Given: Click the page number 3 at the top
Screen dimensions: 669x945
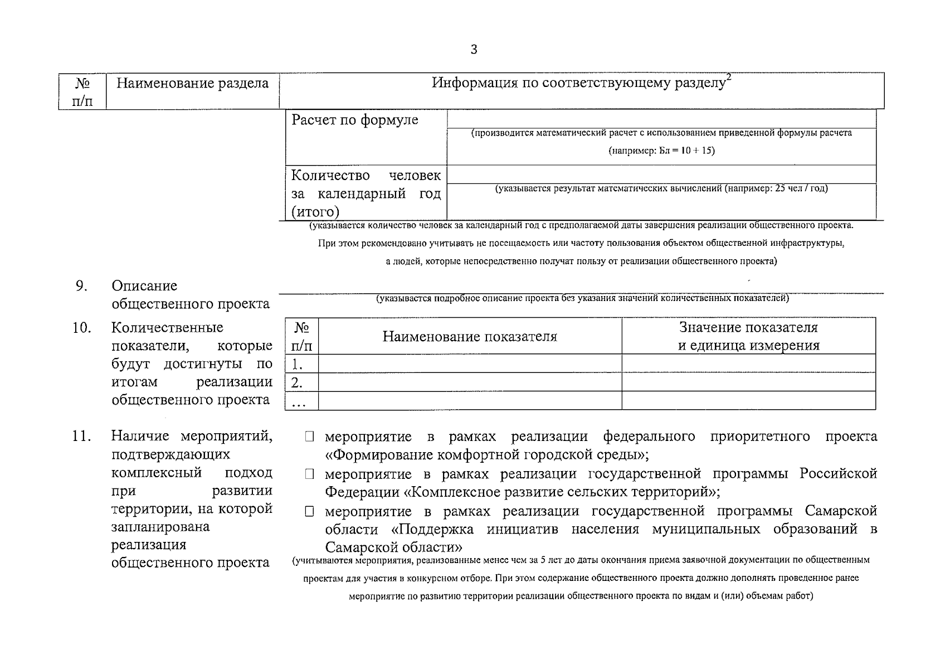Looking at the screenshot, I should [474, 50].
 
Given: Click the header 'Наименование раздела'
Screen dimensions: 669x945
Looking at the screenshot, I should [192, 84].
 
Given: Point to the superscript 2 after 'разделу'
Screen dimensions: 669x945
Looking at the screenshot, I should [728, 79].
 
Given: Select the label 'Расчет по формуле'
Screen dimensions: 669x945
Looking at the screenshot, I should [355, 120].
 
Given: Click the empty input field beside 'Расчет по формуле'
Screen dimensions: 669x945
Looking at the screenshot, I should [661, 119].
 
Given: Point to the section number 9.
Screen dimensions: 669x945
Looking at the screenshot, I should [81, 285].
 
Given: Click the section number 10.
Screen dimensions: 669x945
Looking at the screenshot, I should [81, 327].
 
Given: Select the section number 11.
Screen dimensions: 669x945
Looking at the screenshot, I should [81, 436].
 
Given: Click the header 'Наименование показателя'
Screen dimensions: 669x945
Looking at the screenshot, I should [469, 337].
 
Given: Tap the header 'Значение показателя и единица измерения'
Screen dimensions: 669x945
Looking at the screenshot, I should [748, 336].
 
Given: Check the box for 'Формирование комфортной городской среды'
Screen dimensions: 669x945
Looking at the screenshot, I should [309, 437].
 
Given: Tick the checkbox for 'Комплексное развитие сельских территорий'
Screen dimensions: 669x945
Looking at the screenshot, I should [309, 474].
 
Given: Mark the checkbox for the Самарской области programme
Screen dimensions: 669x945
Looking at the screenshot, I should [309, 512].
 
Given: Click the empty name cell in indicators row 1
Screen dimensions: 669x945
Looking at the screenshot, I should [469, 363].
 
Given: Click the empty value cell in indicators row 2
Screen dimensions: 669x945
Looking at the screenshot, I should [748, 382].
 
